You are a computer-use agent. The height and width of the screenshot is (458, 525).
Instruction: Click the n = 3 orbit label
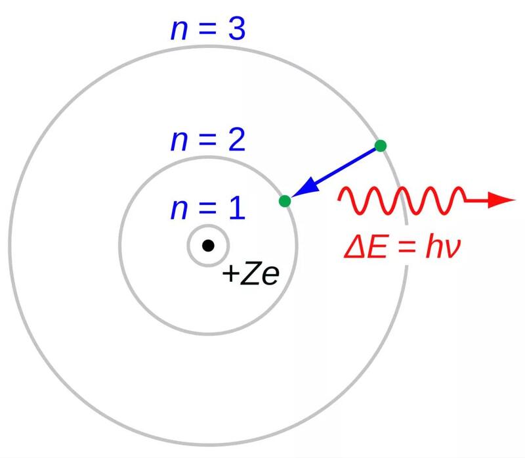click(x=208, y=29)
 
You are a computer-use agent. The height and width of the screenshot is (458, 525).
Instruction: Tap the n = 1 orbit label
click(x=208, y=208)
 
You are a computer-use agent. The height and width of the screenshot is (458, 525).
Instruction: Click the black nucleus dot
click(x=208, y=246)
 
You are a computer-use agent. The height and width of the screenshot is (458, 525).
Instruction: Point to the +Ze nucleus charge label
click(x=251, y=274)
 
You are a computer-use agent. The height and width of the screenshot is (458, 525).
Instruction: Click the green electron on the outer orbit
click(x=381, y=146)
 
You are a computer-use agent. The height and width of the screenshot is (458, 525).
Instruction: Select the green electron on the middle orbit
click(x=285, y=201)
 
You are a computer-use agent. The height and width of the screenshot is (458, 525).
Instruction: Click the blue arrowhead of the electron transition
click(x=305, y=187)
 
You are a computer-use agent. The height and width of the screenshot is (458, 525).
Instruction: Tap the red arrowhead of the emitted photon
click(x=501, y=200)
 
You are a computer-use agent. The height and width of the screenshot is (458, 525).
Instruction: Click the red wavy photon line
click(x=402, y=200)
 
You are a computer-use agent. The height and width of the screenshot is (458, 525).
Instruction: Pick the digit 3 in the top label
click(x=237, y=29)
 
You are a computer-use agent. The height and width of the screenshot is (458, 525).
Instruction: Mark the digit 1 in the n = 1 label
click(x=238, y=208)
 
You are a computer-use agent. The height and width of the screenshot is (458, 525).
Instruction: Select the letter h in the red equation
click(x=433, y=247)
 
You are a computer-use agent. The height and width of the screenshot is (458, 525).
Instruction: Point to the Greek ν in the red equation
click(x=452, y=250)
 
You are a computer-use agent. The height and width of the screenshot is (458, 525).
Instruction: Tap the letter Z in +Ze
click(x=250, y=274)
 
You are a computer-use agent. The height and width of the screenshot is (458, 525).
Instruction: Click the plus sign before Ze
click(x=231, y=273)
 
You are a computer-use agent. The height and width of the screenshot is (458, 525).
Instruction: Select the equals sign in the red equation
click(x=406, y=248)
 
